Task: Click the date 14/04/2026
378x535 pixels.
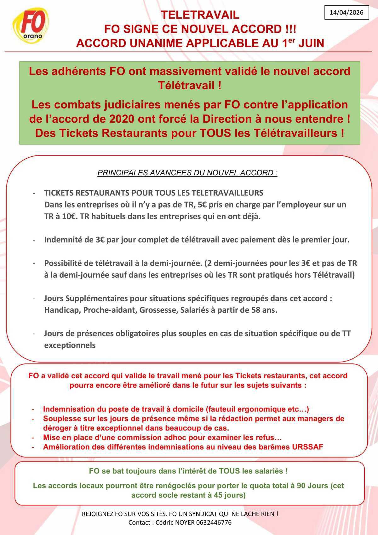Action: coord(346,13)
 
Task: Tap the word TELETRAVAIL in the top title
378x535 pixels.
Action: coord(200,15)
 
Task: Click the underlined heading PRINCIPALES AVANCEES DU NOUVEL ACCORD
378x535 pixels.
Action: coord(187,173)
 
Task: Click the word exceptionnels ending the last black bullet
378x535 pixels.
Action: coord(70,345)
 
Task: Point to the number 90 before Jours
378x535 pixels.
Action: coord(302,486)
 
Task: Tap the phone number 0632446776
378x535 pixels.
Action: coord(214,522)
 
